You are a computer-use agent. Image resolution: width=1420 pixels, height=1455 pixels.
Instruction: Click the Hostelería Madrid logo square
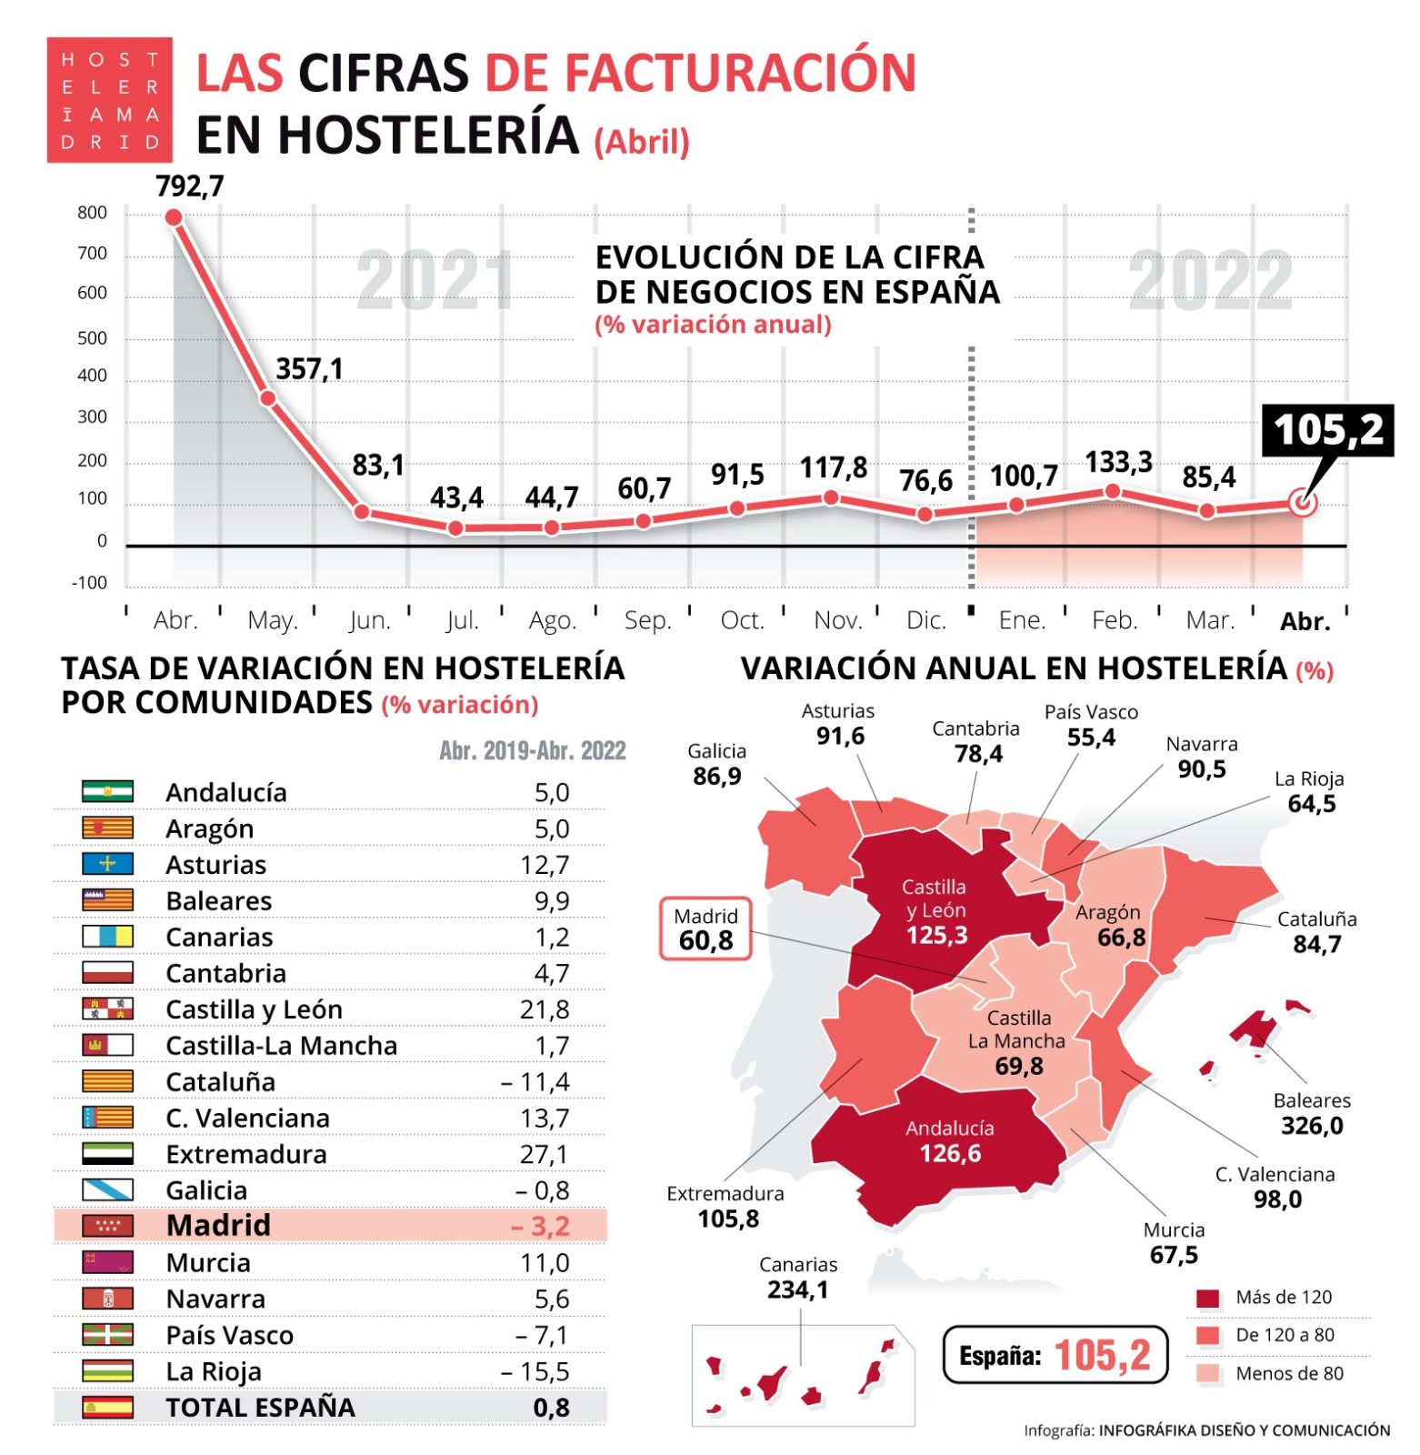[x=109, y=100]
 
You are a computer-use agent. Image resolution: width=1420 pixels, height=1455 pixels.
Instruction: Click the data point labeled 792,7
[x=174, y=217]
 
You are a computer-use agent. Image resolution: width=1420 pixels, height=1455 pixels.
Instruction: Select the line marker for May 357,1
[x=267, y=399]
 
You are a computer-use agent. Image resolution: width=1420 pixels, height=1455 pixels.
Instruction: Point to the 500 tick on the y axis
[x=92, y=338]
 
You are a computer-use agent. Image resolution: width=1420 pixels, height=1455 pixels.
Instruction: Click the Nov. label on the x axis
[x=837, y=620]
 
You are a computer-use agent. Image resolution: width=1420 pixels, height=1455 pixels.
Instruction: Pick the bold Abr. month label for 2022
[x=1305, y=621]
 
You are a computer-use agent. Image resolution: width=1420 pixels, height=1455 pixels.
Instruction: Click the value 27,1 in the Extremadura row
[x=544, y=1155]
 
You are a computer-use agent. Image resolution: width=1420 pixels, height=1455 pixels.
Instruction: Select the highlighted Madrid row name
[x=218, y=1226]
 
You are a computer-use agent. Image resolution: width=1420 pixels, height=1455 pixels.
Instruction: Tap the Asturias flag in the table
[x=107, y=864]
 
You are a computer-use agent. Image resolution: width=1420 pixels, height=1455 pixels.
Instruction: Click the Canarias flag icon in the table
[x=107, y=937]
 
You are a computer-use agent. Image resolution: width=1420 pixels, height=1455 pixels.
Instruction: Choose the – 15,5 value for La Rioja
[x=535, y=1371]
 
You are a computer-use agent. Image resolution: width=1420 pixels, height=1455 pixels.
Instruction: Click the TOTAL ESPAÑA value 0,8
[x=551, y=1408]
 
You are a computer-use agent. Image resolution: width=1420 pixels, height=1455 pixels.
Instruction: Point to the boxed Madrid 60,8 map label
[x=705, y=929]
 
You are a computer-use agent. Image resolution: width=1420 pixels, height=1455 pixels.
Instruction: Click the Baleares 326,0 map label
[x=1312, y=1114]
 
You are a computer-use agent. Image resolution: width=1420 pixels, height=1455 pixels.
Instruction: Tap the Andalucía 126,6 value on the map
[x=950, y=1154]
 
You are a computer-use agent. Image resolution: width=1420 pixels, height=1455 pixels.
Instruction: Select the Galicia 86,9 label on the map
[x=716, y=765]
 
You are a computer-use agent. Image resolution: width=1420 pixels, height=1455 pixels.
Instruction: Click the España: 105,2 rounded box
[x=1055, y=1355]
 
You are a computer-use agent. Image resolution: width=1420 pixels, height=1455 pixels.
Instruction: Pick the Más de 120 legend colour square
[x=1208, y=1299]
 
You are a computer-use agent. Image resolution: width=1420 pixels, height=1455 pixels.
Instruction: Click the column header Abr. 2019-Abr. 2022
[x=533, y=751]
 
